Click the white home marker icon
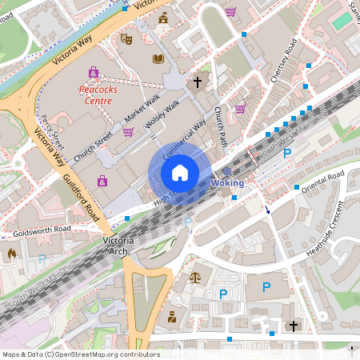click(179, 172)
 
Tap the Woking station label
click(227, 183)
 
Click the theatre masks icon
click(126, 38)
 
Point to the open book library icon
click(158, 59)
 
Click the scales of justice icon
click(194, 277)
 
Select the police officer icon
click(171, 318)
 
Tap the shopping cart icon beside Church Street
click(128, 132)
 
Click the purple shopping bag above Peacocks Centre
click(94, 72)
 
